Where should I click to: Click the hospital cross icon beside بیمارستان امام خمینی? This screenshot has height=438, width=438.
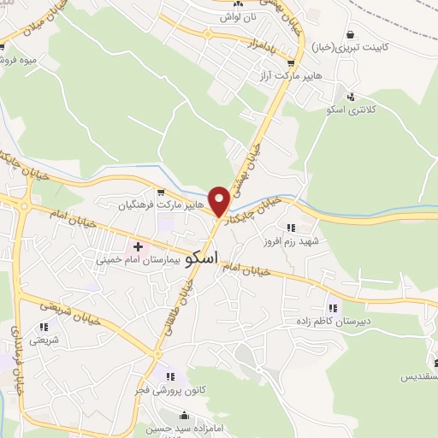click(139, 247)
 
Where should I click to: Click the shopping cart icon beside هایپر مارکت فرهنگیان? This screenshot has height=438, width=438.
click(160, 192)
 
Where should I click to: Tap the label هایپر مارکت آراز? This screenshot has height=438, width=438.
click(289, 75)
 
